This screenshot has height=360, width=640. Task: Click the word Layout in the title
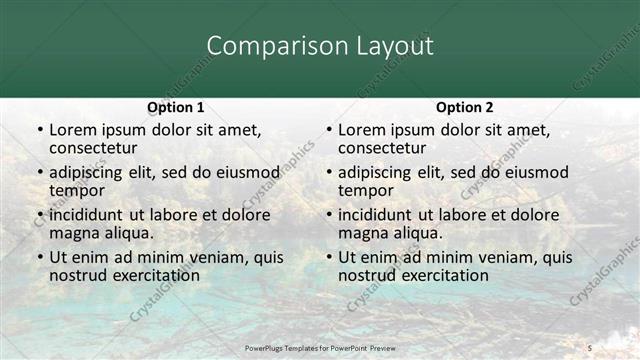(393, 47)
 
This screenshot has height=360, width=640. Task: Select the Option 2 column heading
(464, 107)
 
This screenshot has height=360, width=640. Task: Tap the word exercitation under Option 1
(145, 275)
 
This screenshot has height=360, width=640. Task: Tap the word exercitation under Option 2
(434, 275)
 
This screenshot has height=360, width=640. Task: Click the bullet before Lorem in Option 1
(39, 131)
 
